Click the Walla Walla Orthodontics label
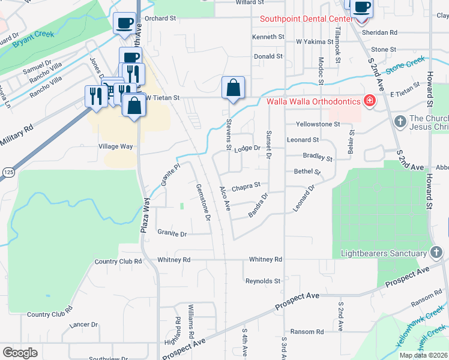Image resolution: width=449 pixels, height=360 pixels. coord(313,101)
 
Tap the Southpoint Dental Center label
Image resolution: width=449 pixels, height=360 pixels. coord(306,19)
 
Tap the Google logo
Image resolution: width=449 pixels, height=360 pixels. coord(20,353)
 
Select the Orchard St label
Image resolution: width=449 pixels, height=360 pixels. coord(160,19)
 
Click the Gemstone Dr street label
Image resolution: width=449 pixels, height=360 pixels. coord(203,202)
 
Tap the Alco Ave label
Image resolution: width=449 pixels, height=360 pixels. coord(225,198)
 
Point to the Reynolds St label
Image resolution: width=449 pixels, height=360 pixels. coord(263,281)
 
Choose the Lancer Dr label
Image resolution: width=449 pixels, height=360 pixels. coord(83,325)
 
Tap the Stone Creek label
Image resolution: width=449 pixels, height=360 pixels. coord(405,65)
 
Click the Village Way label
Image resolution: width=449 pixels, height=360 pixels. coord(115,146)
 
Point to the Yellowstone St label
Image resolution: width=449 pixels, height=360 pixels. coord(318,125)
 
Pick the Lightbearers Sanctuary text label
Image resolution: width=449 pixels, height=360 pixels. coord(383,254)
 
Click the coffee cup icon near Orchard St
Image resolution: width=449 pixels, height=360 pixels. coord(124,23)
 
